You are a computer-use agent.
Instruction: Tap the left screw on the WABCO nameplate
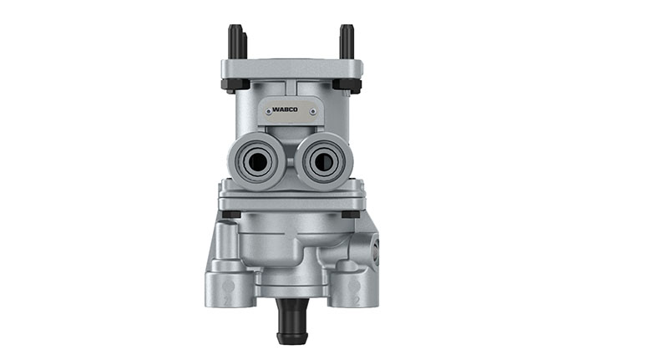(x=265, y=109)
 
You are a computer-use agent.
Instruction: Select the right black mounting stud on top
(x=347, y=42)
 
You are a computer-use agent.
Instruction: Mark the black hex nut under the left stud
(x=234, y=84)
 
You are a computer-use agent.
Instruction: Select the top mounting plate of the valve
(x=291, y=68)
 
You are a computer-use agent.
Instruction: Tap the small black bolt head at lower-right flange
(x=350, y=215)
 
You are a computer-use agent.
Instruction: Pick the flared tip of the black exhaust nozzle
(x=291, y=337)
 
